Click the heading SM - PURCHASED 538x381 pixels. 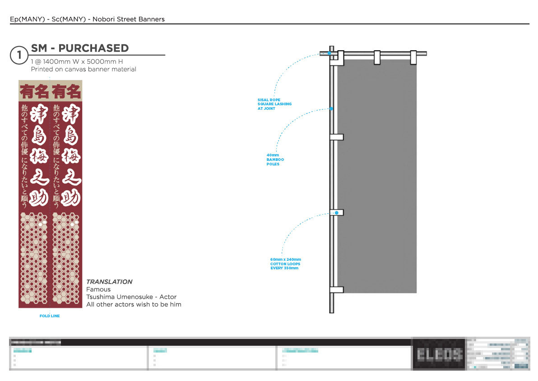(80, 48)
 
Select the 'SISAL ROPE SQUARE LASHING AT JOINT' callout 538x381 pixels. (274, 104)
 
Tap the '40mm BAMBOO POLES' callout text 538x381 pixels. (275, 160)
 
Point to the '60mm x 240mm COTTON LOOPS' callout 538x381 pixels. (285, 263)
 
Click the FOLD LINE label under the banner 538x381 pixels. (49, 316)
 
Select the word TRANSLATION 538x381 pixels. (109, 282)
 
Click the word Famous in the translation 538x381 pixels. (98, 289)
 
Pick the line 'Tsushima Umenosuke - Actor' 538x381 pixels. (131, 297)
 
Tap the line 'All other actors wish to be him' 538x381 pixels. (134, 305)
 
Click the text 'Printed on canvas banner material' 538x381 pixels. (83, 69)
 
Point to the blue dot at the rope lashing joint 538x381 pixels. (329, 53)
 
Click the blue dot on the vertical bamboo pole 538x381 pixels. (332, 109)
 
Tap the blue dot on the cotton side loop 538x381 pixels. (337, 212)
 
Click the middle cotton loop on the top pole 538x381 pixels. (377, 56)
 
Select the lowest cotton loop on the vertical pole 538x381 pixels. (337, 289)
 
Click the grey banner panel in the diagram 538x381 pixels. (377, 176)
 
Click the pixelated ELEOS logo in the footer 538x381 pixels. (438, 354)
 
